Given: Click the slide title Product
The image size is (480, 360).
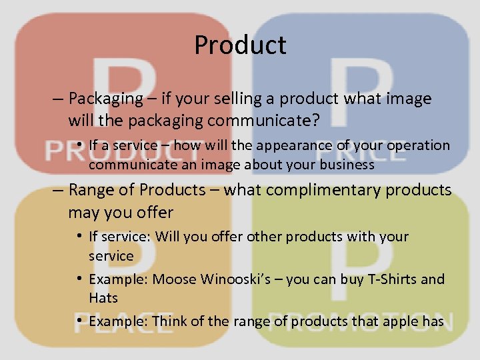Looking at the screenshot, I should pos(240,45).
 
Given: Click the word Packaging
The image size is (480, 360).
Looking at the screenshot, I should pos(105,99).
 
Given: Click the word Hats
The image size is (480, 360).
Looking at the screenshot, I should pos(104,298).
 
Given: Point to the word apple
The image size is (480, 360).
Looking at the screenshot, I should pos(399,321).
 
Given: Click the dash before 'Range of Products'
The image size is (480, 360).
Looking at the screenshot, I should pos(58,191).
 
